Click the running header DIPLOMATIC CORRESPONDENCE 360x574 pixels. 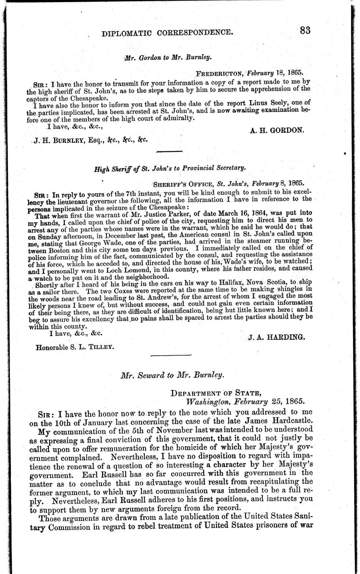point(168,32)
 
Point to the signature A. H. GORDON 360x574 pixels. point(277,130)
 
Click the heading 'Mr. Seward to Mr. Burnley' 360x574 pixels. point(172,375)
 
